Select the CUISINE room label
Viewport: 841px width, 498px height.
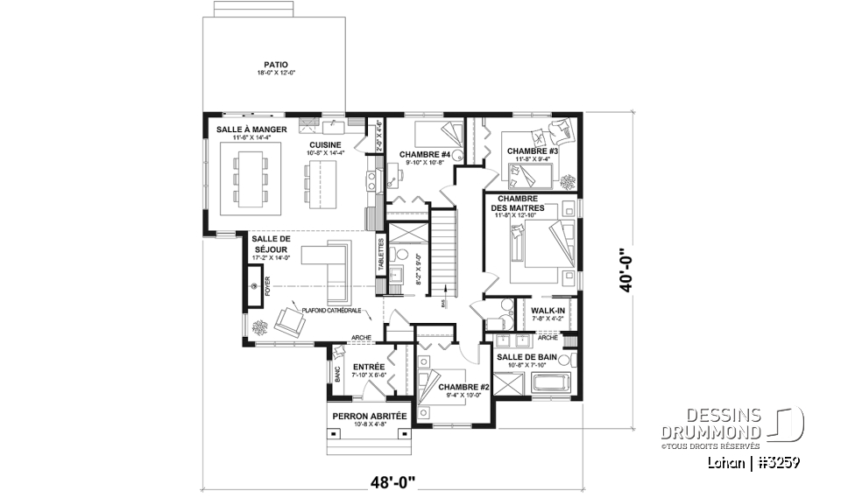point(325,145)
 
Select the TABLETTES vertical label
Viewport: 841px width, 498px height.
point(381,255)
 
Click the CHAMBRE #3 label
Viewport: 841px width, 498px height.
point(531,151)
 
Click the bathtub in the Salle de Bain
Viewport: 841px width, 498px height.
point(538,382)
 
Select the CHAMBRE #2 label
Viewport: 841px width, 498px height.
point(464,386)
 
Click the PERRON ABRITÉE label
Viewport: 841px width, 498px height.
point(368,416)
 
